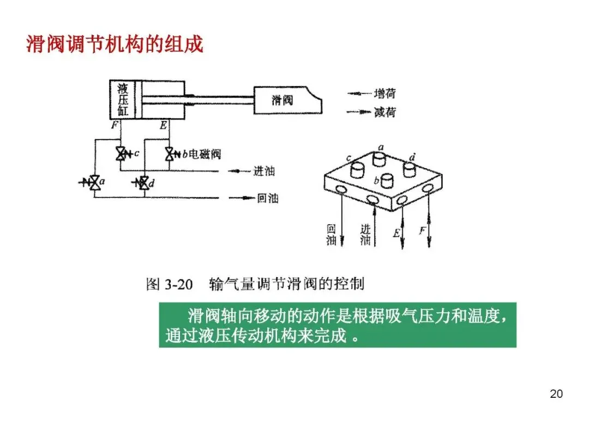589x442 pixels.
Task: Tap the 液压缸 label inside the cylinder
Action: click(x=123, y=100)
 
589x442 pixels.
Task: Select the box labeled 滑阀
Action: click(x=283, y=100)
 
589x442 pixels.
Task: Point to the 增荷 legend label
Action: click(x=385, y=94)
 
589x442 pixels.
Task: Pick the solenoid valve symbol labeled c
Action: click(x=121, y=154)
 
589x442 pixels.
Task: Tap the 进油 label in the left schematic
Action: click(x=264, y=171)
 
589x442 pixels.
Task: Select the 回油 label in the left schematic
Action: click(x=267, y=198)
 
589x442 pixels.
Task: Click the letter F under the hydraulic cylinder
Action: click(x=115, y=126)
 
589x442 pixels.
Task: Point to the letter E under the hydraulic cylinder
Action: click(x=163, y=126)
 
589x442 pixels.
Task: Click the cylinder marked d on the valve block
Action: click(x=410, y=168)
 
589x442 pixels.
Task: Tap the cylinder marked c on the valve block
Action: click(x=358, y=168)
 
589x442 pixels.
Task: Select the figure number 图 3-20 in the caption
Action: click(x=170, y=284)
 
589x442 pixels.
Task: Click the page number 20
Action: click(x=556, y=394)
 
